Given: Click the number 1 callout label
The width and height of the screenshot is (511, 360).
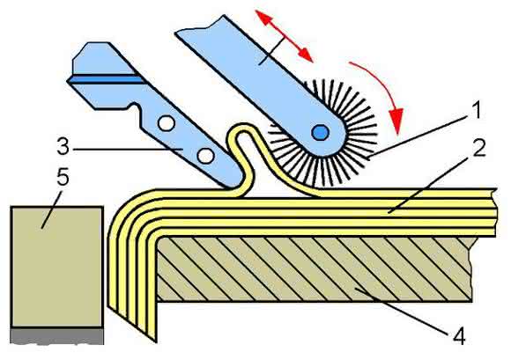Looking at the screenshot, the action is coord(477,110).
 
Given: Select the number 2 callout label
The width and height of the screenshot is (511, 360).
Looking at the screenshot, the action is coord(479,149).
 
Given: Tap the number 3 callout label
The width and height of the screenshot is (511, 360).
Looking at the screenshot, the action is coord(63,146).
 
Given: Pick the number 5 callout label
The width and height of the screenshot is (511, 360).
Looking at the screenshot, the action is coord(63,177).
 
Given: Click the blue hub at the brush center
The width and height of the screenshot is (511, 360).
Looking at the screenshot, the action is coord(320,133).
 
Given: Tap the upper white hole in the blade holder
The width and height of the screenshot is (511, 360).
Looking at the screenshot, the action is coord(167,124).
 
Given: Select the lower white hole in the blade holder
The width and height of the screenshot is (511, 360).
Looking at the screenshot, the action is coord(205,156).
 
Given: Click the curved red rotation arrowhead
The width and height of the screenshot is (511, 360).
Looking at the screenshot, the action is coord(396,121).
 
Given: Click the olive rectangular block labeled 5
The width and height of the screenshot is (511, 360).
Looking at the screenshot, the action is coord(57,266).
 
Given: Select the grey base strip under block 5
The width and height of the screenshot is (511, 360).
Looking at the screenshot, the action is coord(57,335).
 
